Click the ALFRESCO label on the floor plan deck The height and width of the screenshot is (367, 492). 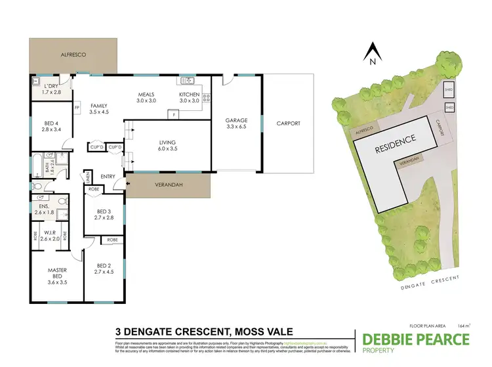coord(73,55)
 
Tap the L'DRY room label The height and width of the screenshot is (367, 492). coord(51,90)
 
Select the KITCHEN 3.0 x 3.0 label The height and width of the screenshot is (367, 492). coord(190,98)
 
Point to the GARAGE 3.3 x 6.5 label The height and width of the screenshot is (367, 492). coord(236,123)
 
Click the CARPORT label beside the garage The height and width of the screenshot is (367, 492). coord(288,123)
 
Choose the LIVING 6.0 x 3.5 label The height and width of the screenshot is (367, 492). coord(169,145)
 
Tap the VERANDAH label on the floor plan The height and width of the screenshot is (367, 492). coord(169,184)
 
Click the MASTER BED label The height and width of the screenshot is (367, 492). coord(57,274)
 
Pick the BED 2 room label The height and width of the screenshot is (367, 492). coord(105,267)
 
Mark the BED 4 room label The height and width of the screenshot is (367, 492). coord(51,126)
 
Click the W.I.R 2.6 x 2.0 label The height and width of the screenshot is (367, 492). coord(51,235)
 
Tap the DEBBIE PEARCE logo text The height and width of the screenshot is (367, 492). coord(416,339)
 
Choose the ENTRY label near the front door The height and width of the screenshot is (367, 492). coord(108,176)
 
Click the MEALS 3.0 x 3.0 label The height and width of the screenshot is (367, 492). coord(146,98)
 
